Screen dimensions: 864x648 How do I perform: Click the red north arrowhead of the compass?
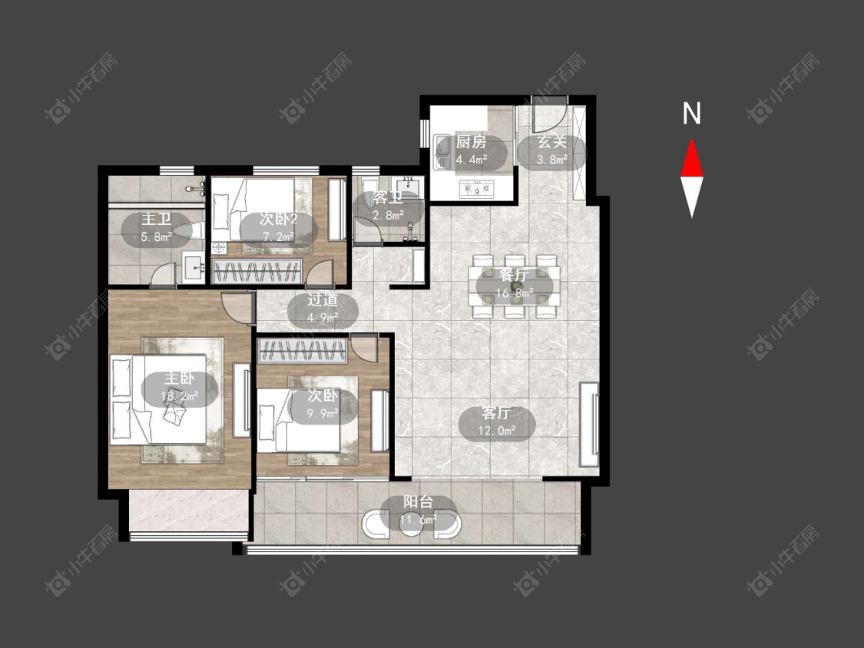coord(691,159)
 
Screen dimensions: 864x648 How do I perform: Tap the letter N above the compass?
coord(691,114)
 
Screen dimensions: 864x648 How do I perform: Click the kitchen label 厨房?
coord(471,142)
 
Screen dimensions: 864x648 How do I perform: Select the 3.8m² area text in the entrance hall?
coord(552,160)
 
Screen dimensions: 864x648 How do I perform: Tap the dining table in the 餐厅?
coord(514,286)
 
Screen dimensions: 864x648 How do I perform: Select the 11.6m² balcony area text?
coord(419,519)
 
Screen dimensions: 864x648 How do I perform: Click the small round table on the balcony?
coord(411,525)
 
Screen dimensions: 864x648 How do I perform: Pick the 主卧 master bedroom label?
coord(180,379)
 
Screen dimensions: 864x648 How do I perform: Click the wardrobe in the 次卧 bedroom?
coord(302,351)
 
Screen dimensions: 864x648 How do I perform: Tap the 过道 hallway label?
coord(323,300)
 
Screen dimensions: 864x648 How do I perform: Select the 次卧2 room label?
coord(278,220)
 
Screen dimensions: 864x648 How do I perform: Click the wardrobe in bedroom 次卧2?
coord(257,271)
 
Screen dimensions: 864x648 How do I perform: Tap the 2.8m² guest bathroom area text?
coord(389,215)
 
